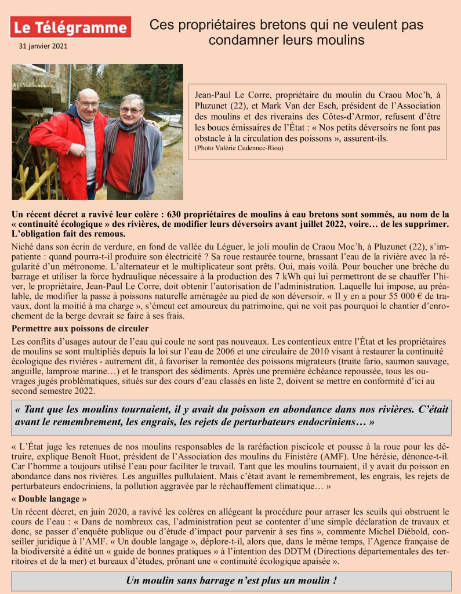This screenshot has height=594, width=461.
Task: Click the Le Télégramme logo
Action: (70, 27)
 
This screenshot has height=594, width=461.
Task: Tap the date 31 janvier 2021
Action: (43, 45)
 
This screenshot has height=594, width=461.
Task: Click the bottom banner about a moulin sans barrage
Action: (231, 581)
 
